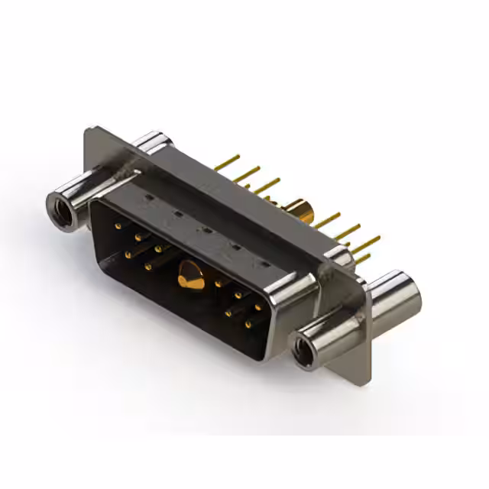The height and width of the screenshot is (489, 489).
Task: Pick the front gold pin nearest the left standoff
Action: coord(118,226)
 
